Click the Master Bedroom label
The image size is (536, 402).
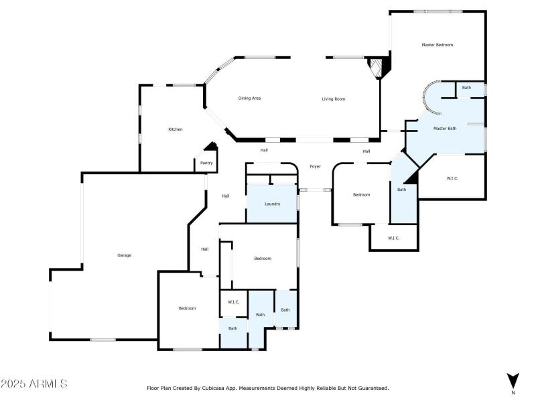click(x=437, y=45)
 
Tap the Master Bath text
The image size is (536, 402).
click(x=445, y=128)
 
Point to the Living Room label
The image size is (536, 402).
click(x=333, y=98)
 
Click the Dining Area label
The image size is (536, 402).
click(x=249, y=98)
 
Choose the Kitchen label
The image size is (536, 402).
click(x=176, y=129)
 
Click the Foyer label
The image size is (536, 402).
click(x=315, y=166)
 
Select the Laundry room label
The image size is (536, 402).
click(x=272, y=204)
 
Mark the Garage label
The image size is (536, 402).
click(x=124, y=255)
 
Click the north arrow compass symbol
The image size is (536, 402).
click(x=513, y=381)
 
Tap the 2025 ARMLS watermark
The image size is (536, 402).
click(x=34, y=384)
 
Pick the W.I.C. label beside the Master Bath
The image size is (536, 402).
click(x=453, y=178)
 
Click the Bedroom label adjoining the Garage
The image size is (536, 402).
click(x=187, y=308)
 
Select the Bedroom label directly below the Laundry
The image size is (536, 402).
click(x=262, y=259)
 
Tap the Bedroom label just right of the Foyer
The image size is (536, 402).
click(x=362, y=195)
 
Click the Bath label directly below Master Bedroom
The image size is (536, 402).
click(x=466, y=88)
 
